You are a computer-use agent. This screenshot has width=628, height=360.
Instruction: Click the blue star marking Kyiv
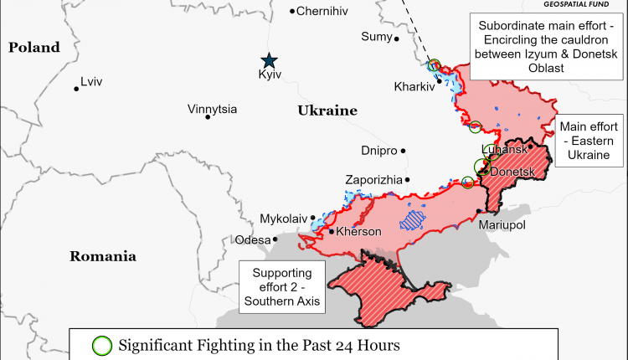coord(269,60)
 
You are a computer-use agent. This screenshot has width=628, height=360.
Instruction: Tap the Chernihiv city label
coord(322,11)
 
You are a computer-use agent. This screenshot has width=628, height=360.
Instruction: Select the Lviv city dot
coord(76,88)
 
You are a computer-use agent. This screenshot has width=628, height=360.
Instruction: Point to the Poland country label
coord(35,48)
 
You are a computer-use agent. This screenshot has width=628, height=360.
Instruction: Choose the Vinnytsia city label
coord(212,109)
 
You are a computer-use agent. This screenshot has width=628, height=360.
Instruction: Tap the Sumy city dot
coord(397,39)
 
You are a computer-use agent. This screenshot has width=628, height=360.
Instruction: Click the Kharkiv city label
coord(414,86)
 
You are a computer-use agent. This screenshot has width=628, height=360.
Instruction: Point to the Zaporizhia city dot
coord(408,179)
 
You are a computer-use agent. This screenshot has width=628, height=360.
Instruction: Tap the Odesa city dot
coord(275,239)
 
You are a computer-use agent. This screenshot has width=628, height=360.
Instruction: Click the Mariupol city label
coord(502,226)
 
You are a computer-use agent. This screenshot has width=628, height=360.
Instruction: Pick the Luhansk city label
coord(505,149)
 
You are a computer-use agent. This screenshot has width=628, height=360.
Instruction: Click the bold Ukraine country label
coord(327,111)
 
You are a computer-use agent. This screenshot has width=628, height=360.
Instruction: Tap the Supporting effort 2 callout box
coord(282,287)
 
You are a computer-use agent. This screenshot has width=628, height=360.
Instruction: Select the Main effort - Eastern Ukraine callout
coord(590,140)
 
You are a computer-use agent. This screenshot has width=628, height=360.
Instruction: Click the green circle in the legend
coord(101,344)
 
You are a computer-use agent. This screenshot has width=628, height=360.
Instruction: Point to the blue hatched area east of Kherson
coord(412,220)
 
